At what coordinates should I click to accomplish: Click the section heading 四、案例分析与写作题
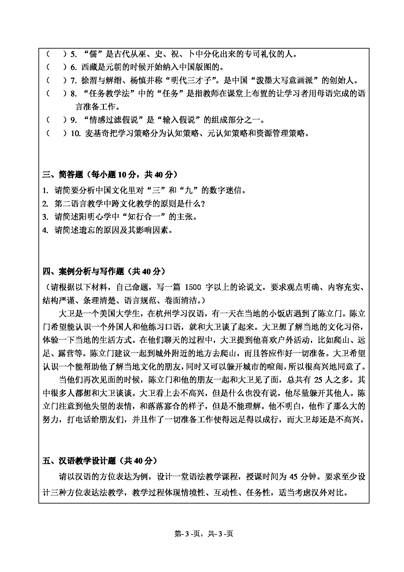[83, 271]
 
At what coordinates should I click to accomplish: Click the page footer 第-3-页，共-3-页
[204, 534]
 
